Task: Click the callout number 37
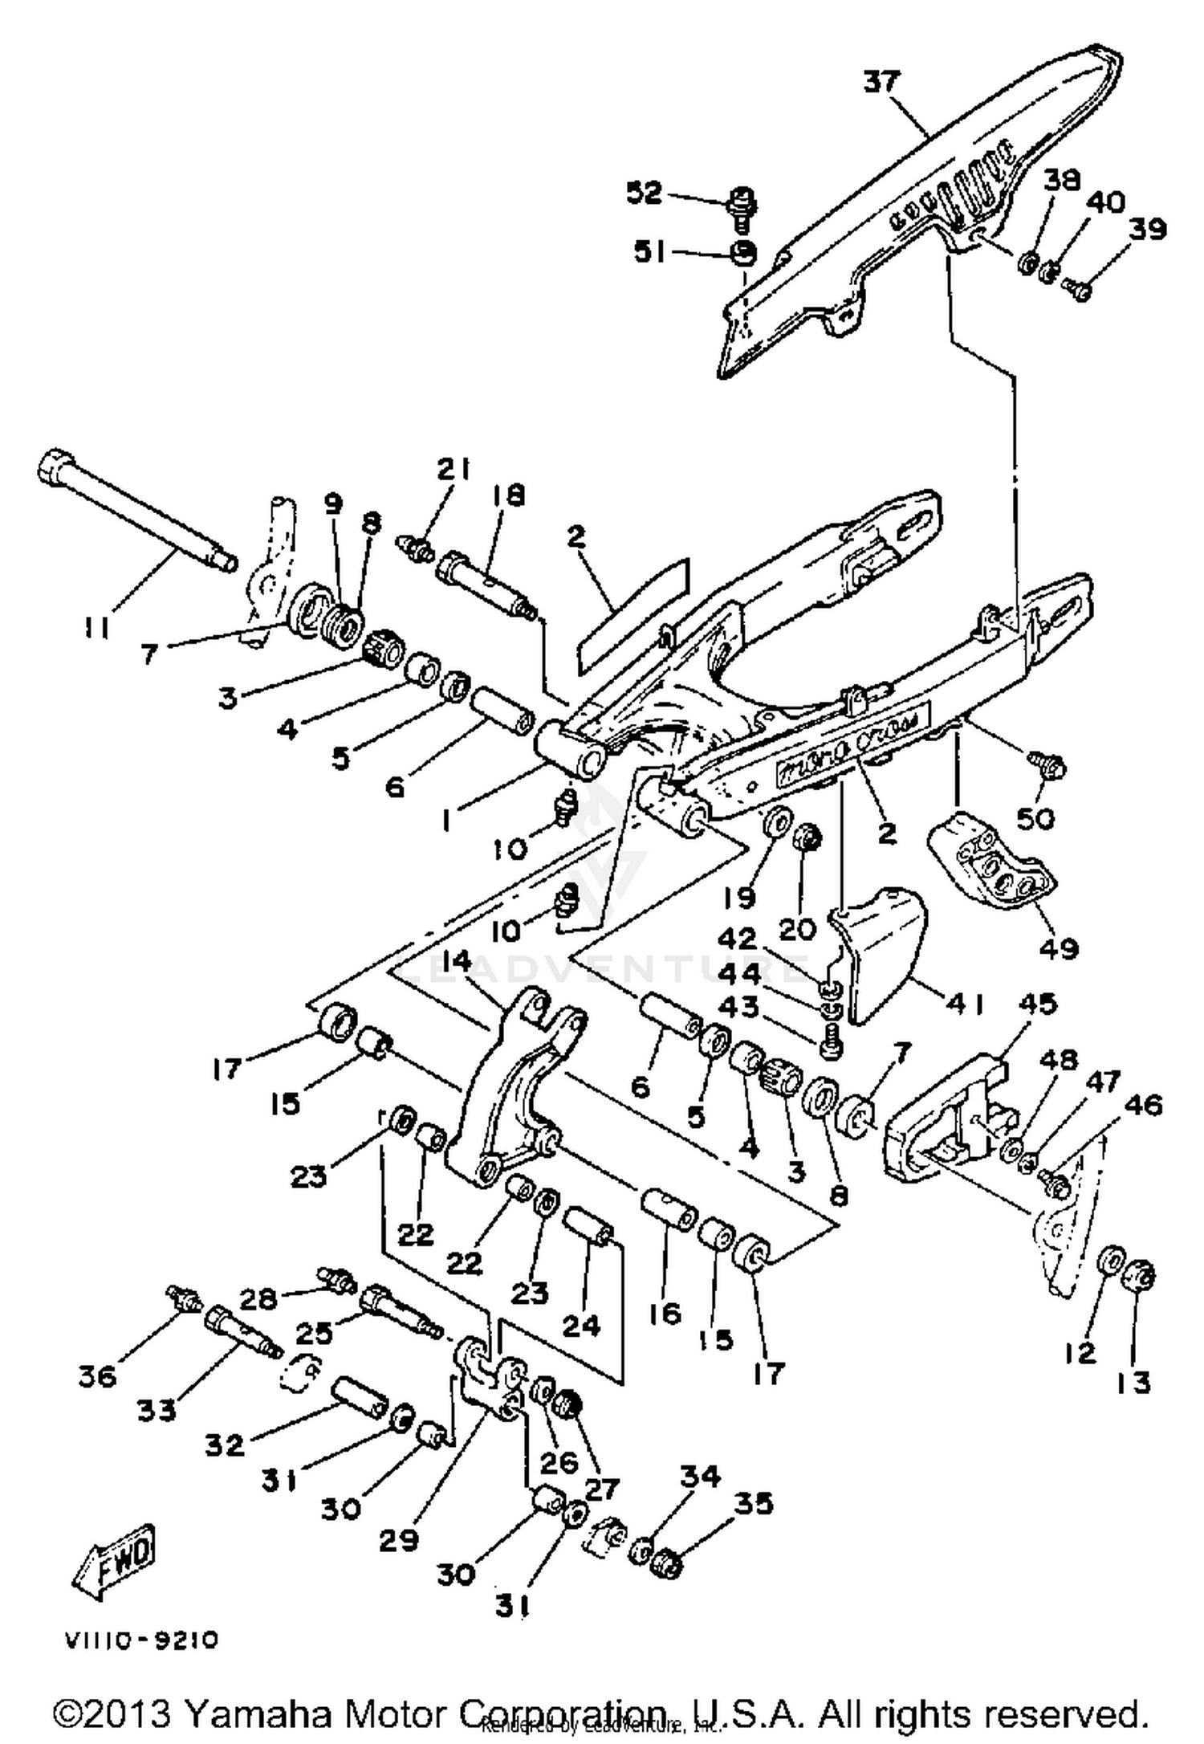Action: coord(882,82)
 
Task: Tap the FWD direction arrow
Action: coord(116,1560)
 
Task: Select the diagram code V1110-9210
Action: coord(141,1641)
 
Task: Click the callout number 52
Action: coord(645,194)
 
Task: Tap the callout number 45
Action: coord(1037,1004)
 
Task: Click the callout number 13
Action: coord(1133,1382)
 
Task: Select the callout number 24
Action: coord(580,1325)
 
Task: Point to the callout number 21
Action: coord(454,469)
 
